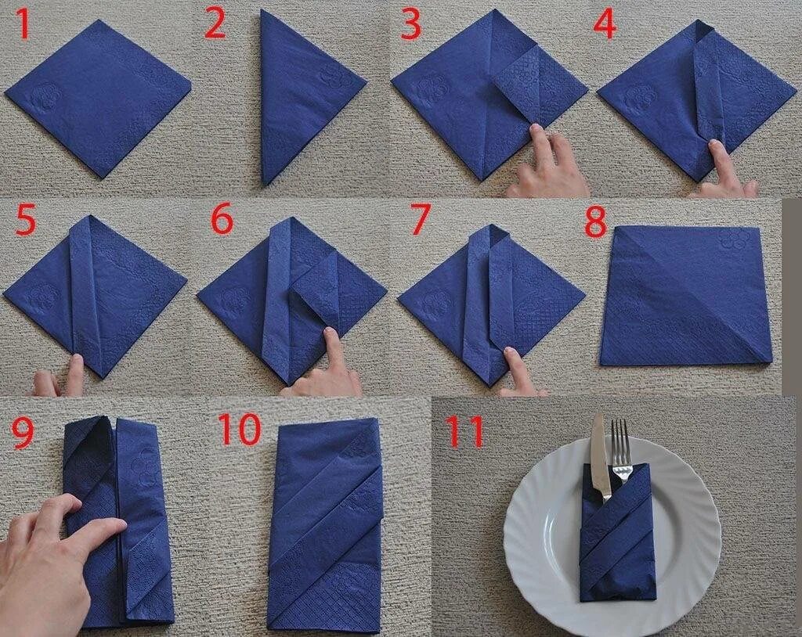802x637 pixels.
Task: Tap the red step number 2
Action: [215, 24]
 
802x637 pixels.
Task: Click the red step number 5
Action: [27, 221]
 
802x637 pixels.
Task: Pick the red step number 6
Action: [222, 221]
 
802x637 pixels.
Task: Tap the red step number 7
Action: [420, 221]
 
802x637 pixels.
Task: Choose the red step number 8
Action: [595, 221]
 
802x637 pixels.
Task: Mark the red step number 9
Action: [23, 433]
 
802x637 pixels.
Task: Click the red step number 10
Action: [240, 430]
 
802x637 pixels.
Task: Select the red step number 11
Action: [464, 432]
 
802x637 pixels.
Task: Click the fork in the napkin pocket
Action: [620, 451]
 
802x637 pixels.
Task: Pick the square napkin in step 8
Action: [685, 296]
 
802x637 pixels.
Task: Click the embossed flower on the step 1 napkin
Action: [46, 95]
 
